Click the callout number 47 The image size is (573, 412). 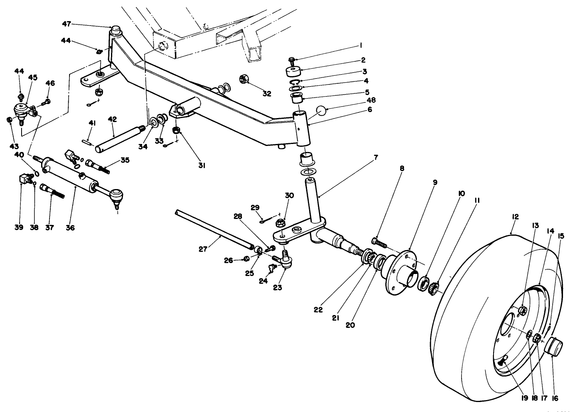click(66, 24)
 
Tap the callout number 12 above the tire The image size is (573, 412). click(515, 217)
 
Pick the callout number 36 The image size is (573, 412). click(69, 228)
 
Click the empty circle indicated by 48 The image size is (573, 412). click(322, 110)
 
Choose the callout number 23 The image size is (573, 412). click(278, 287)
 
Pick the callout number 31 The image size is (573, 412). click(202, 165)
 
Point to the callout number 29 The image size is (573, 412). click(255, 207)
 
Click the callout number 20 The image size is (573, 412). click(350, 325)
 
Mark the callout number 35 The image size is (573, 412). click(125, 160)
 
